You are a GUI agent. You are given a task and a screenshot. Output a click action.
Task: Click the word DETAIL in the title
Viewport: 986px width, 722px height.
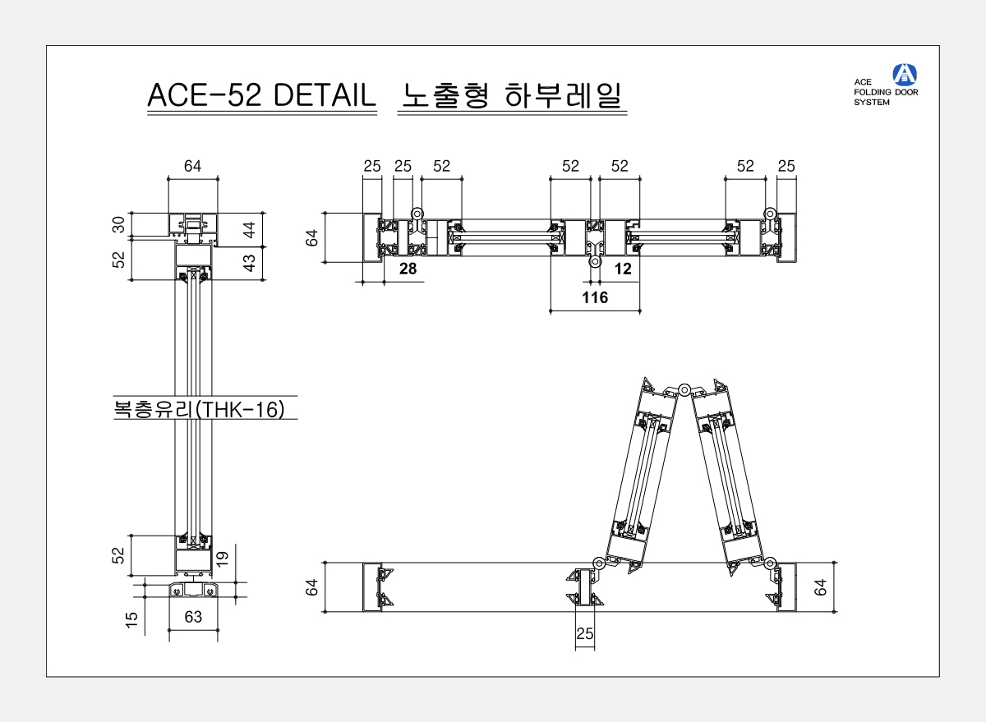[324, 95]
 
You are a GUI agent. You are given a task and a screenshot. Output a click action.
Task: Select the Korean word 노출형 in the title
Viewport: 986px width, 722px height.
[444, 95]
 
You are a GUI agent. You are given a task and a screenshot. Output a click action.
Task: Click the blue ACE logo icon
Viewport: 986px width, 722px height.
[905, 74]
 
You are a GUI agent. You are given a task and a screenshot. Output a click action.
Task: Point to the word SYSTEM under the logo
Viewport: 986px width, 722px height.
[872, 103]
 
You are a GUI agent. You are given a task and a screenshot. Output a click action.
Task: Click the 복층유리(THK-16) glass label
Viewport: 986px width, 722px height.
[200, 409]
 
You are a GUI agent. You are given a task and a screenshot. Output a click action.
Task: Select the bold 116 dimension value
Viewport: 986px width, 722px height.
[595, 297]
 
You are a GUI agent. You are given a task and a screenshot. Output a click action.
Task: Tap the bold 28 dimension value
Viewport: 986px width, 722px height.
[408, 269]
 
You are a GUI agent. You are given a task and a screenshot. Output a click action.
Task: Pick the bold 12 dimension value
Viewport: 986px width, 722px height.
[622, 269]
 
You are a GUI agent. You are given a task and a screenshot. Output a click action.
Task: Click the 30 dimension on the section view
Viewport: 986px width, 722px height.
[119, 224]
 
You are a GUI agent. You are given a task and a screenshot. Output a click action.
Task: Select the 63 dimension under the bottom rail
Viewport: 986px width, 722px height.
[192, 617]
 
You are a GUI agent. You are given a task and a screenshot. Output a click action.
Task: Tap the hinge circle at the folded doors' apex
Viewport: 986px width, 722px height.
[683, 389]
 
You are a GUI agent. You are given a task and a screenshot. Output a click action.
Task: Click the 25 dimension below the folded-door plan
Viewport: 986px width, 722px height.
[584, 633]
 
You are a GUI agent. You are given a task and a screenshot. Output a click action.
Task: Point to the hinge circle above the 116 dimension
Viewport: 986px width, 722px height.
[594, 262]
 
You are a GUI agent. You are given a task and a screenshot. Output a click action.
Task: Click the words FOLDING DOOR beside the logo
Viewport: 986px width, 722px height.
[887, 92]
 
